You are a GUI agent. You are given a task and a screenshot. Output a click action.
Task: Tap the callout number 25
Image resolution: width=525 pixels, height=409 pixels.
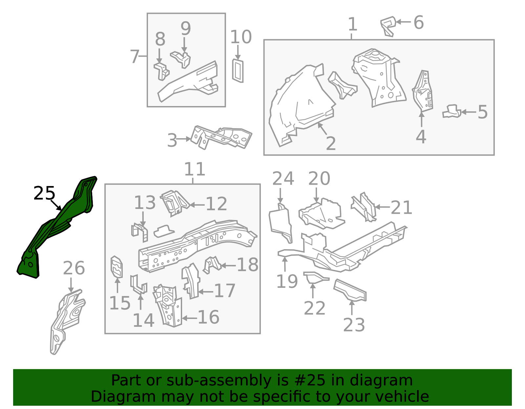point(44,193)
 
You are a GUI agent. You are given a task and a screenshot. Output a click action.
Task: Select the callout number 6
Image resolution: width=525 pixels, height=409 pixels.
point(419,22)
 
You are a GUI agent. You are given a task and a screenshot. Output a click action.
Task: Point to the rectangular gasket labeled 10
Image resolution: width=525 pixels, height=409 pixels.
point(238,71)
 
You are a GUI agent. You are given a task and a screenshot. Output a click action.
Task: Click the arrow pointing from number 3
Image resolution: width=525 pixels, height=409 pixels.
point(184,139)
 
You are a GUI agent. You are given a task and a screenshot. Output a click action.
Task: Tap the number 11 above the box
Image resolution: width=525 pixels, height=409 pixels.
point(195,169)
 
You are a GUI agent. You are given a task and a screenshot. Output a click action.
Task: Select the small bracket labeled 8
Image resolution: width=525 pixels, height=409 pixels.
point(161,72)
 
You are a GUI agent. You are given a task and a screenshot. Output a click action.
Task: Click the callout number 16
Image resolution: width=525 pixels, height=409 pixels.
point(208,317)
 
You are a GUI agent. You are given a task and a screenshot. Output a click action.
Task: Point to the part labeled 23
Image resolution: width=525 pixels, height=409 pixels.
point(349,290)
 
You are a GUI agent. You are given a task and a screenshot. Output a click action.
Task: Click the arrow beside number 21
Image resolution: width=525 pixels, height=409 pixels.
point(383,207)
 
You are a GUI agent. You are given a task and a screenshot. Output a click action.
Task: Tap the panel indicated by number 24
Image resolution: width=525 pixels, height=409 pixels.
point(280,223)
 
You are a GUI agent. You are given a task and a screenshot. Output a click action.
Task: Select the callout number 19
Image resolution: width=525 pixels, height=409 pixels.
point(287,281)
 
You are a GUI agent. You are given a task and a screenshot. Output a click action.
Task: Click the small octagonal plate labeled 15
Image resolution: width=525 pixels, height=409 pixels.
point(116,267)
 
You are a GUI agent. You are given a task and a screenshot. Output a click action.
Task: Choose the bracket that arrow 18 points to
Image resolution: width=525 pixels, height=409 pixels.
point(212,265)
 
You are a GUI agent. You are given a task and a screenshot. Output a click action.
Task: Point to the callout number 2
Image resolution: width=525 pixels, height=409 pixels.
point(331,143)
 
